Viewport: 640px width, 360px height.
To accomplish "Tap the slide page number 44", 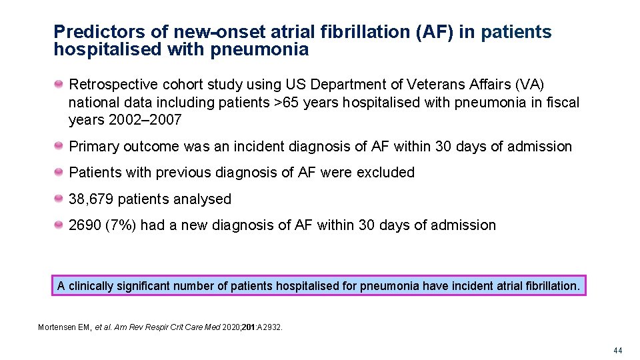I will tap(618, 350).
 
